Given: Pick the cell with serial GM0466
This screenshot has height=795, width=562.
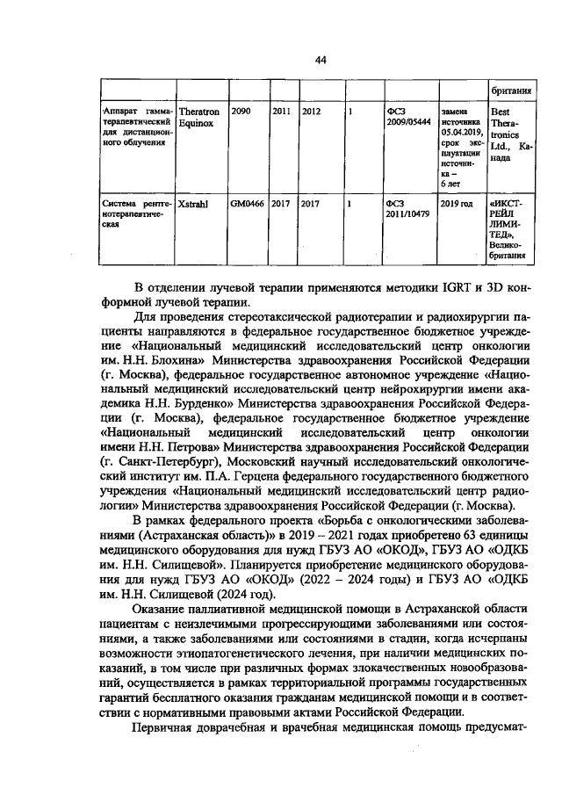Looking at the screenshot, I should point(246,201).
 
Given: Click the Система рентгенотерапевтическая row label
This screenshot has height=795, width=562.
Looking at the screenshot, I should point(136,212).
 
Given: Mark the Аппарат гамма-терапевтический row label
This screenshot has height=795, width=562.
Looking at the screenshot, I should point(136,126).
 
